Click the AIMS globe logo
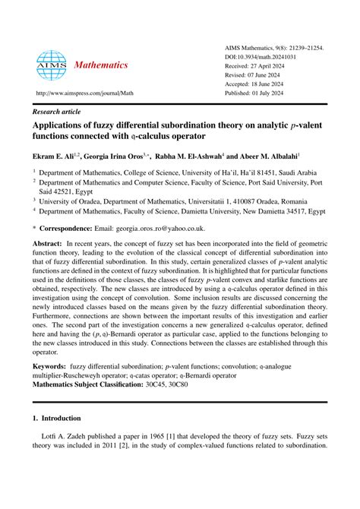[51, 66]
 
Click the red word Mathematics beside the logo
[101, 65]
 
